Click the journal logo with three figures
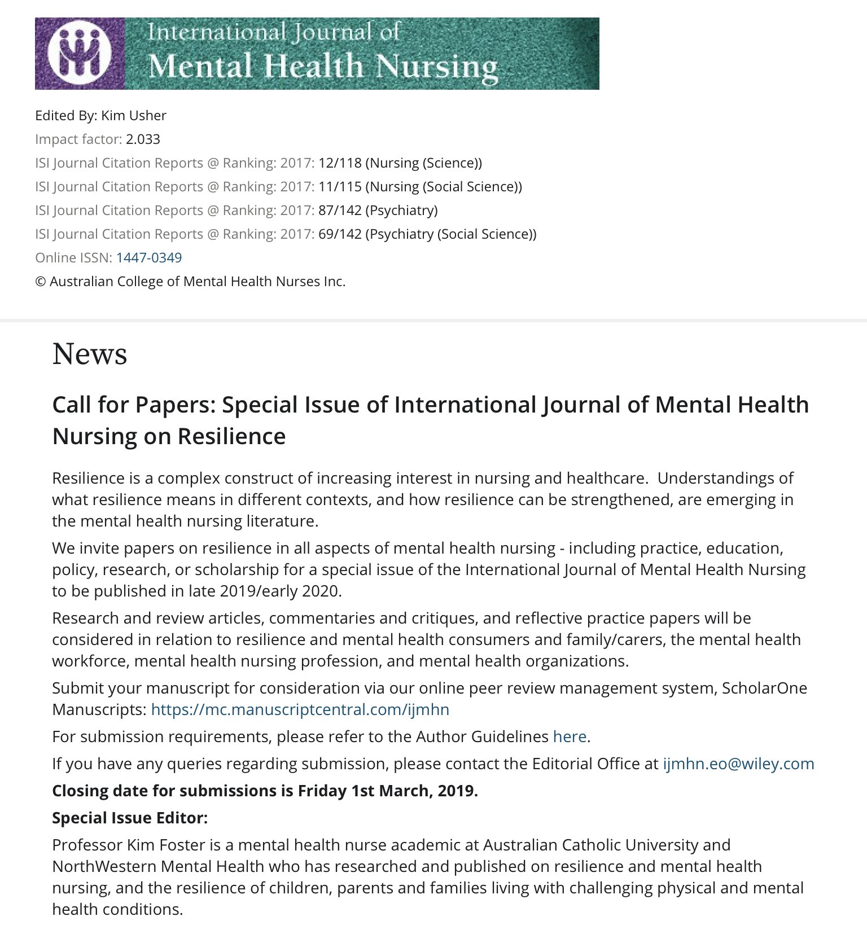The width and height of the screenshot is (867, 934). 79,53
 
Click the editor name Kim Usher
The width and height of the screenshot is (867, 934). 134,116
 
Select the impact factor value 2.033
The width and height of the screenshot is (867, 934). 143,139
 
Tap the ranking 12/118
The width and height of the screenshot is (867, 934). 340,163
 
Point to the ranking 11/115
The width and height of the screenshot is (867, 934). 340,187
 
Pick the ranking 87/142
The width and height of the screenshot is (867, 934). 340,211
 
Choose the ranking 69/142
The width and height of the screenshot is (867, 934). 340,234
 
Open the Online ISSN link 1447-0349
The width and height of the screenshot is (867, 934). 149,258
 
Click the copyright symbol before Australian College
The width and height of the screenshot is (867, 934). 40,282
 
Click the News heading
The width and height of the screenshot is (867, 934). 90,354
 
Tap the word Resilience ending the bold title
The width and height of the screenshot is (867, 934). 231,437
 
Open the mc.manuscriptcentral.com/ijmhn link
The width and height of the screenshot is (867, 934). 300,709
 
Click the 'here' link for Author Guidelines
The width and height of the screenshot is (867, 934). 570,736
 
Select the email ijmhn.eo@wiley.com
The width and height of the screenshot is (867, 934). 738,764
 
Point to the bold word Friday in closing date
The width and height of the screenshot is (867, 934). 322,791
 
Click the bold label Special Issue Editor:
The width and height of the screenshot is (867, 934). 130,818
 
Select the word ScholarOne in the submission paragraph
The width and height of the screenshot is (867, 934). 764,688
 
